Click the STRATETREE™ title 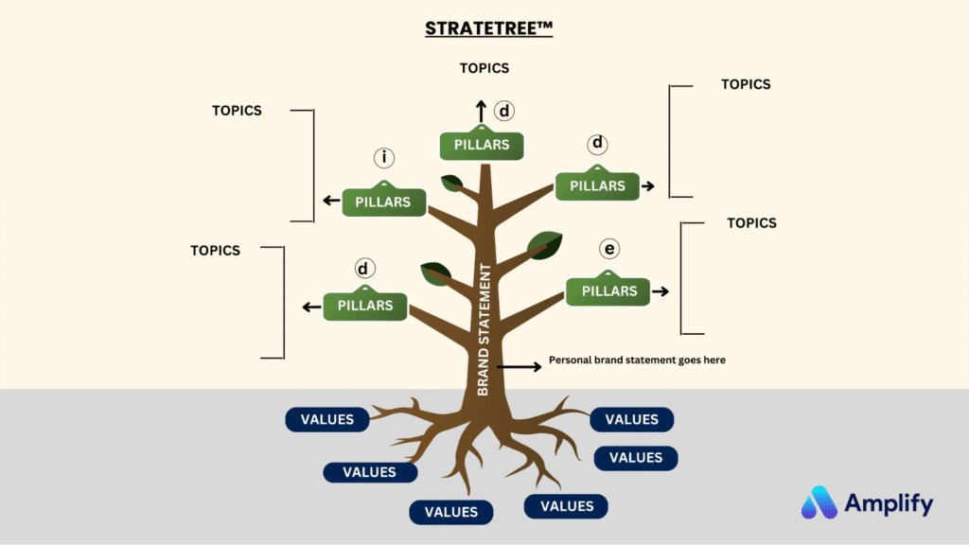[488, 27]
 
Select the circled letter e [609, 249]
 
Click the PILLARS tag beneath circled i [382, 202]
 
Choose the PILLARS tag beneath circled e [608, 291]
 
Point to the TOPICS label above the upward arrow [484, 68]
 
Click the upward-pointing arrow [481, 111]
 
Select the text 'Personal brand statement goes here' [637, 360]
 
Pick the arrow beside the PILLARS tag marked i [332, 201]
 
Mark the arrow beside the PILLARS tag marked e [661, 291]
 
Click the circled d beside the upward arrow [504, 111]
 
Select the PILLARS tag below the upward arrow [482, 146]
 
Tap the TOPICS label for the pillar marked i [237, 111]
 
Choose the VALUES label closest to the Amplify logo [636, 458]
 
